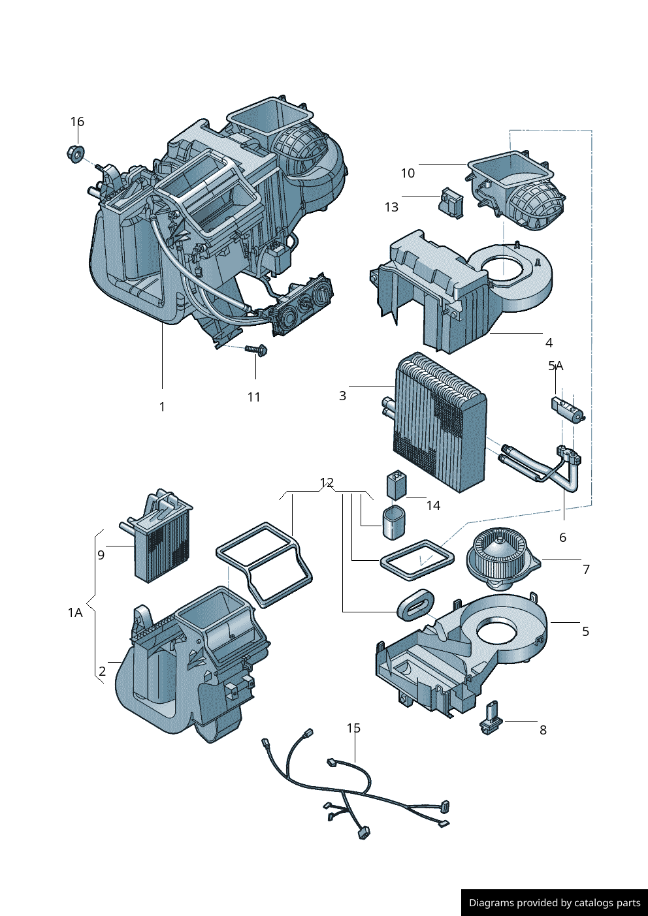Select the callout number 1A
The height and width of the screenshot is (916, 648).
point(75,612)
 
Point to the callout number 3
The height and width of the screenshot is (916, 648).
point(342,396)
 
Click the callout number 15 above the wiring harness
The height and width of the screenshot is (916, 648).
point(353,727)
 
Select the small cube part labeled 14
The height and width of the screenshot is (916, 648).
point(397,484)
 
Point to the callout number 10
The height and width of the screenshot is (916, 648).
point(408,173)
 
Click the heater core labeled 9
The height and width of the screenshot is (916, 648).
point(162,542)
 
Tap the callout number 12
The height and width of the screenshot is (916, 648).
point(327,482)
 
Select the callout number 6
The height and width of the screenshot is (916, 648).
point(562,537)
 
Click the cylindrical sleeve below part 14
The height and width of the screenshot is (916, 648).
point(393,522)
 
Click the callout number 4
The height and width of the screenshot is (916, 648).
point(549,343)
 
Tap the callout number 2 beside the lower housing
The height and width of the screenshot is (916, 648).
point(102,671)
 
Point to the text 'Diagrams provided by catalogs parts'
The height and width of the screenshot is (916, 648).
point(555,903)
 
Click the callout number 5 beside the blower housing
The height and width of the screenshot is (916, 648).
point(585,631)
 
